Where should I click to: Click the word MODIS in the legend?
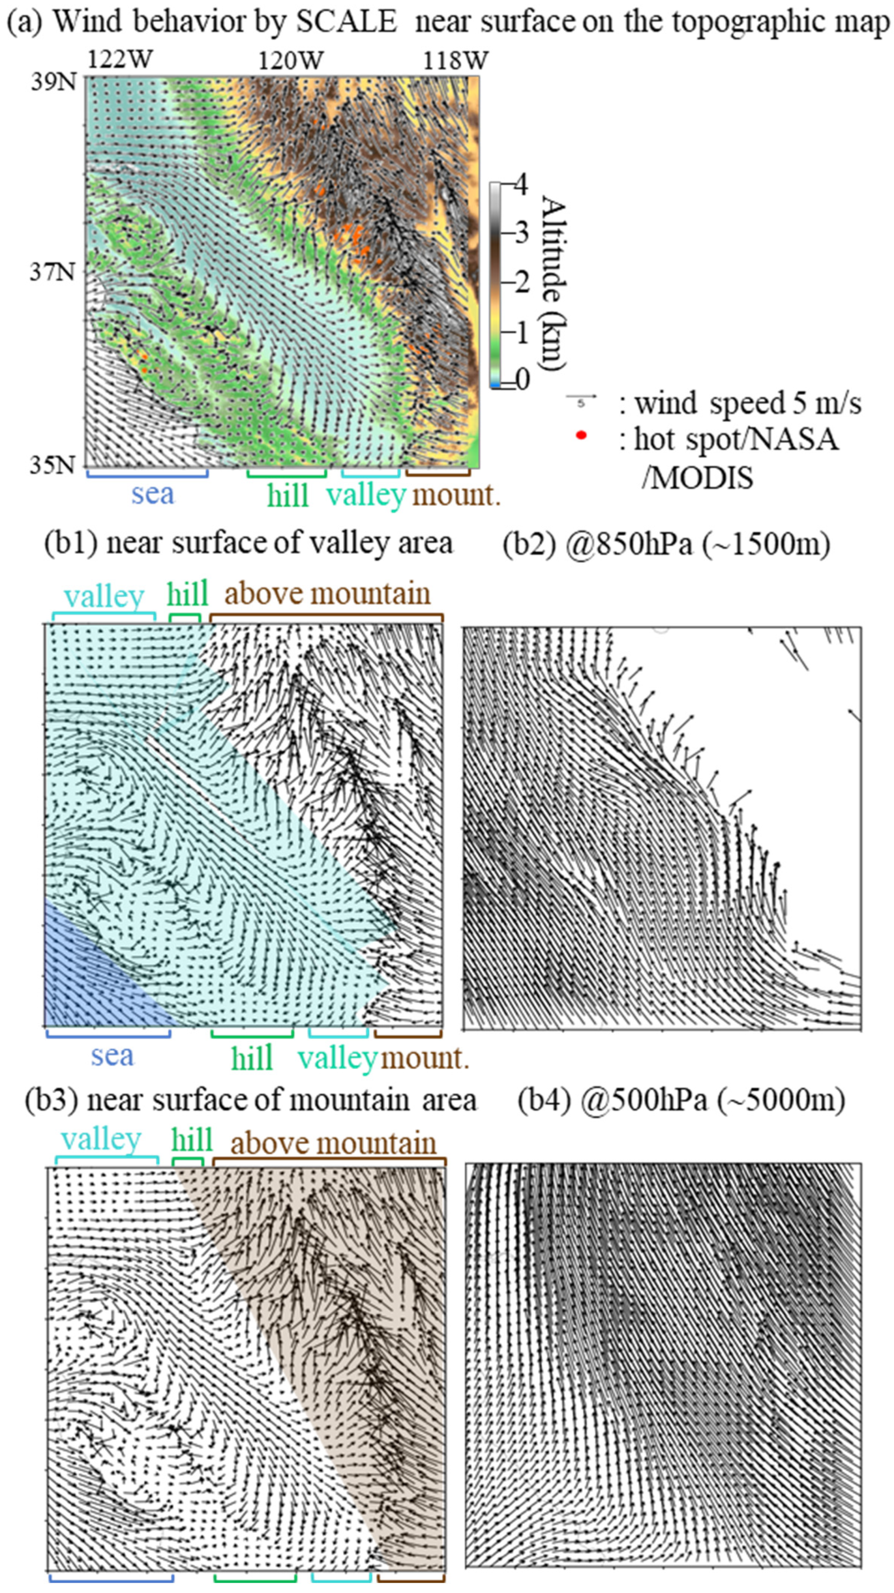(697, 478)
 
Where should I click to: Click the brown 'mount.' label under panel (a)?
(455, 495)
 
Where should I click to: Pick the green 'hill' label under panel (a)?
(287, 496)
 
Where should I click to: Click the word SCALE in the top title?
(346, 22)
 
